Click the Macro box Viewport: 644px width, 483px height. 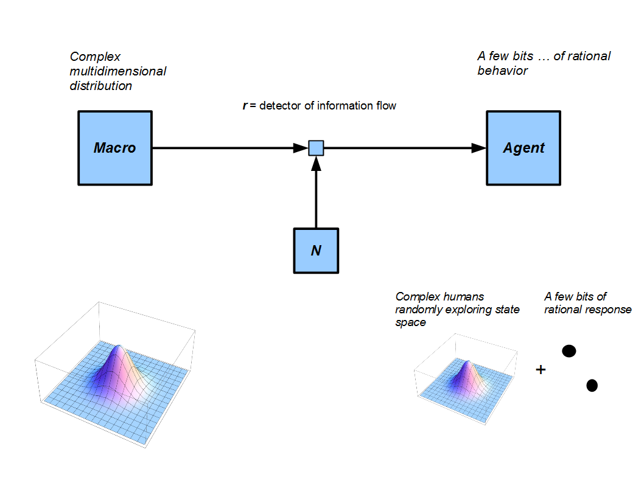pyautogui.click(x=114, y=148)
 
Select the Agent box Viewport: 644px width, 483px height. pyautogui.click(x=523, y=148)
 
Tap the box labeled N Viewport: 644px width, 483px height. pyautogui.click(x=316, y=251)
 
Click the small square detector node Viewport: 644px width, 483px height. pyautogui.click(x=316, y=148)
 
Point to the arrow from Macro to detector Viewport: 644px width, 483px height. pyautogui.click(x=225, y=148)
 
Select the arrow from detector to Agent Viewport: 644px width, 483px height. pyautogui.click(x=402, y=148)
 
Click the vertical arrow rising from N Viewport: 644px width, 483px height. pyautogui.click(x=316, y=195)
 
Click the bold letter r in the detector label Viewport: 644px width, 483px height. pyautogui.click(x=245, y=106)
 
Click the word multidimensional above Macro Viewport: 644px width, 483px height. pyautogui.click(x=118, y=71)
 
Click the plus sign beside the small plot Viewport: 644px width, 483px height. pyautogui.click(x=540, y=369)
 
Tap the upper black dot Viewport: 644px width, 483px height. pyautogui.click(x=569, y=351)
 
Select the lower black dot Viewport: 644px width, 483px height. pyautogui.click(x=592, y=385)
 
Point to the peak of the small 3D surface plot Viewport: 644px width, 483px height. pyautogui.click(x=469, y=363)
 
